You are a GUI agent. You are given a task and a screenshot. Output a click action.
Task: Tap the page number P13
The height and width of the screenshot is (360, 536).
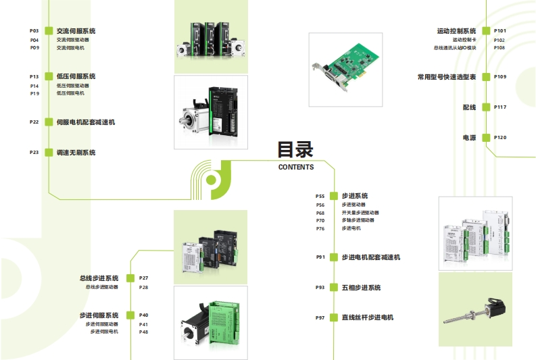pyautogui.click(x=34, y=76)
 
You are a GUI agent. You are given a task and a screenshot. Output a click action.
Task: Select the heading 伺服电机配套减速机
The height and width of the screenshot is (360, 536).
pyautogui.click(x=85, y=122)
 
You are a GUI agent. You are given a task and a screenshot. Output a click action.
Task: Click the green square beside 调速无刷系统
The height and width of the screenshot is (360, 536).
pyautogui.click(x=49, y=153)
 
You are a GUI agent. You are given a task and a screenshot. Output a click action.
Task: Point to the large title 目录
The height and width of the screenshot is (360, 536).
pyautogui.click(x=295, y=149)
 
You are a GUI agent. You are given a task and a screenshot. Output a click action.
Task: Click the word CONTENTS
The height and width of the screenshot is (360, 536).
pyautogui.click(x=296, y=168)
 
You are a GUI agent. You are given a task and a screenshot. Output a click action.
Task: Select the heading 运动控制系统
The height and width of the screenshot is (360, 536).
pyautogui.click(x=456, y=31)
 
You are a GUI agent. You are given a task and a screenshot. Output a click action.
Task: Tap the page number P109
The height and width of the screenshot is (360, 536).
pyautogui.click(x=500, y=77)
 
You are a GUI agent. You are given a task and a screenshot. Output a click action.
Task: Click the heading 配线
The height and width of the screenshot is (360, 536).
pyautogui.click(x=469, y=107)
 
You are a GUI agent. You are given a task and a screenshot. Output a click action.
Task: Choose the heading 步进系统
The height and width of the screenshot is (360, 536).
pyautogui.click(x=354, y=196)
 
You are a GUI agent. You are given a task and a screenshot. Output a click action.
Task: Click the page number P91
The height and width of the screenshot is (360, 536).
pyautogui.click(x=320, y=257)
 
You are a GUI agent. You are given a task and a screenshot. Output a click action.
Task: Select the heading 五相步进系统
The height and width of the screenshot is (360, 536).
pyautogui.click(x=361, y=288)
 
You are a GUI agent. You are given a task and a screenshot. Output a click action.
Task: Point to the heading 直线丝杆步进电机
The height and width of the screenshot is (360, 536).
pyautogui.click(x=367, y=317)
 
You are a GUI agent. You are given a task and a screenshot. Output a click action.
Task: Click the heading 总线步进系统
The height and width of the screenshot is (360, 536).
pyautogui.click(x=99, y=278)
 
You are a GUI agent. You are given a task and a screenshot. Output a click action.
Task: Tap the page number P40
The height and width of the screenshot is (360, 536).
pyautogui.click(x=143, y=315)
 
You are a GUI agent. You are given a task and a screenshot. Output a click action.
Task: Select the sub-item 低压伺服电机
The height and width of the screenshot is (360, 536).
pyautogui.click(x=70, y=93)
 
